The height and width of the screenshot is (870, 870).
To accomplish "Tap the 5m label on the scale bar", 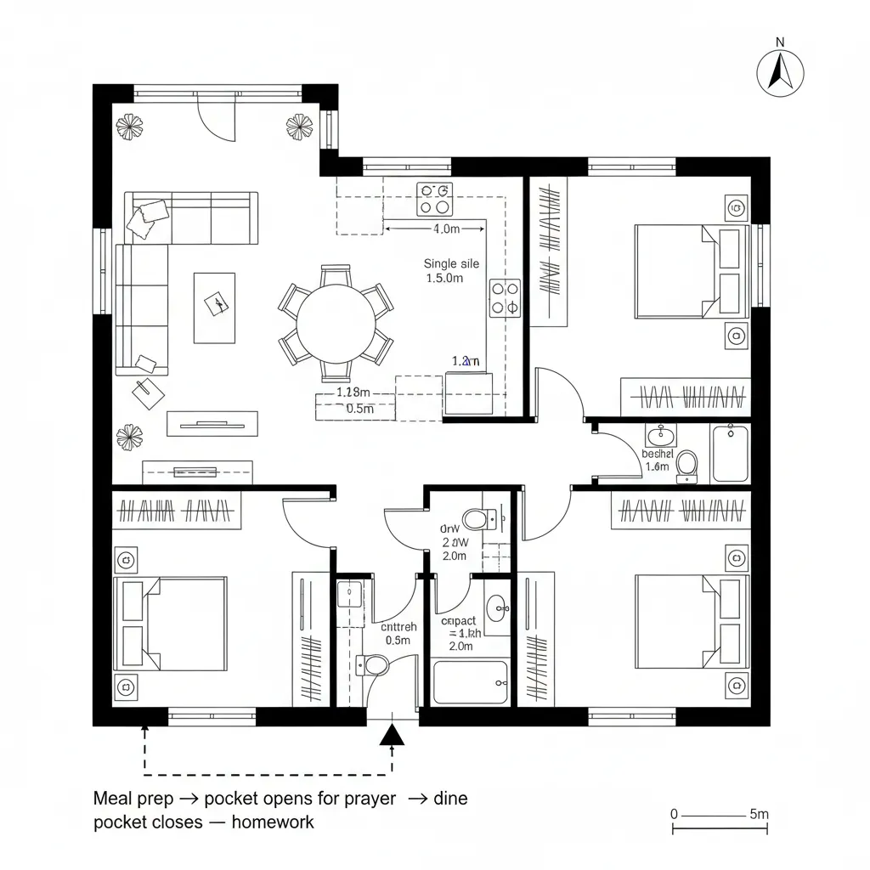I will tap(759, 814).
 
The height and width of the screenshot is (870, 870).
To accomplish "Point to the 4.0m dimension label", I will tap(446, 229).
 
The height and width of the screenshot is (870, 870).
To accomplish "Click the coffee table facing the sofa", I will tap(214, 307).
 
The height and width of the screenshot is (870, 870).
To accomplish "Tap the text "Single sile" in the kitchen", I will tap(451, 263).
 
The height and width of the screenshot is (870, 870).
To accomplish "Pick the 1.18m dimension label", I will tap(353, 393).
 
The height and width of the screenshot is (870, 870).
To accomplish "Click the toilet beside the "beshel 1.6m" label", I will tap(686, 466).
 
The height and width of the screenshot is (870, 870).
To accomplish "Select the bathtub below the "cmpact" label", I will tap(471, 682).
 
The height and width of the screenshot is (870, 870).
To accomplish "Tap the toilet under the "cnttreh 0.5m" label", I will tap(374, 664).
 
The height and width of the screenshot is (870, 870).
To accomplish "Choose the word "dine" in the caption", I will tap(450, 799).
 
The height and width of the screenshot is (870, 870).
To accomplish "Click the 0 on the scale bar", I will tap(675, 814).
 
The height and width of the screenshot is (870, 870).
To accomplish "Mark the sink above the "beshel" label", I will tap(660, 437).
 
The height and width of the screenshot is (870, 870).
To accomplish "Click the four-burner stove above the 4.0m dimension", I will tap(434, 198).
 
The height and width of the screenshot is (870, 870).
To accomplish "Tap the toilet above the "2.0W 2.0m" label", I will tap(475, 517).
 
